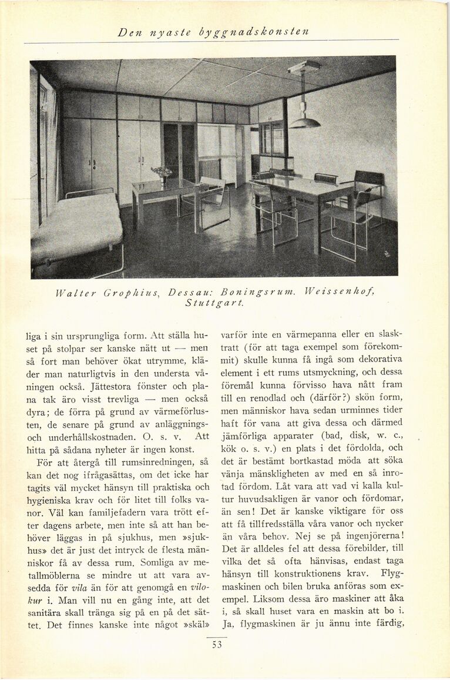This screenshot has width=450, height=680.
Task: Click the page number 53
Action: (217, 645)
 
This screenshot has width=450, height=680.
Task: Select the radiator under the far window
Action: (209, 168)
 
